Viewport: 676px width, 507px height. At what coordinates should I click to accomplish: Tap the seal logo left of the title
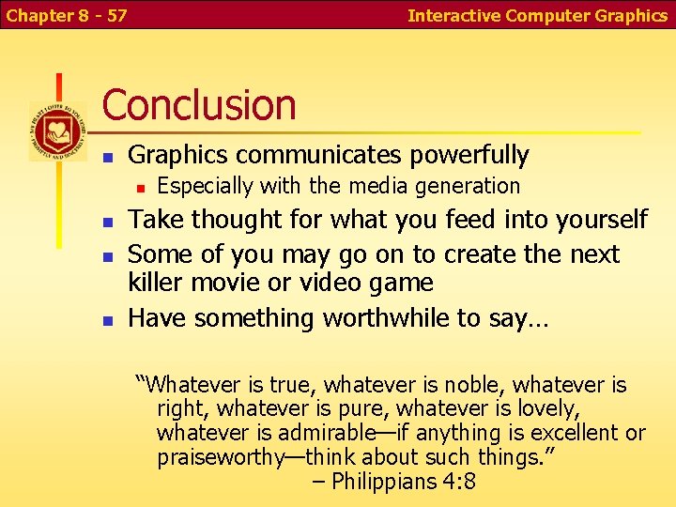click(x=57, y=131)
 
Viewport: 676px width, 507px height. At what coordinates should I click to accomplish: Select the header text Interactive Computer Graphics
click(x=537, y=15)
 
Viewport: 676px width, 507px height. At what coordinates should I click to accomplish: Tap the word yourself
click(x=602, y=220)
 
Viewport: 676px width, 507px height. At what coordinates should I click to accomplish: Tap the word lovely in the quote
click(x=546, y=408)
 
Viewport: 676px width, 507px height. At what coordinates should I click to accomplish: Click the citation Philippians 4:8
click(x=406, y=482)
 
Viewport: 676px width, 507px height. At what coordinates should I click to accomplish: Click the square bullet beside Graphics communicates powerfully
click(x=108, y=156)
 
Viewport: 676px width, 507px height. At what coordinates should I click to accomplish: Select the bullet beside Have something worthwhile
click(x=108, y=320)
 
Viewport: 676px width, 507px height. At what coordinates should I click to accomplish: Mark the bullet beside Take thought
click(x=108, y=222)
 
